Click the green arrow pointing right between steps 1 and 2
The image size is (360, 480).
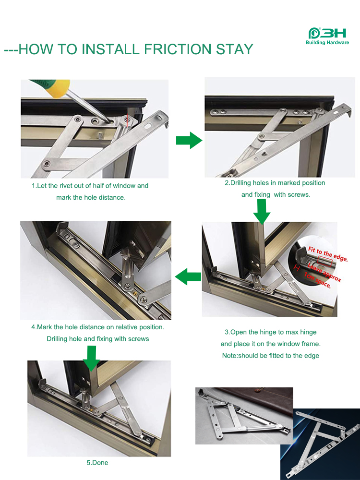pos(189,141)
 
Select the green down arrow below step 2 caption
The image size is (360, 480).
pos(262,212)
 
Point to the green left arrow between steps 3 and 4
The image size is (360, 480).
pos(188,276)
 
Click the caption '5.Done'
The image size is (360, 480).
pos(97,463)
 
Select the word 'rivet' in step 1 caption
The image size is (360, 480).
pos(68,186)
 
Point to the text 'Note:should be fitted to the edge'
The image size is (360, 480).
pos(270,356)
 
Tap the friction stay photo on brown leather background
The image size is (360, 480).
pos(244,415)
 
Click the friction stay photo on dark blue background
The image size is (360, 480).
pos(320,444)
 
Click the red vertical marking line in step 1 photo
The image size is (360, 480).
pos(127,120)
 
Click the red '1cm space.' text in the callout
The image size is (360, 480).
pos(317,281)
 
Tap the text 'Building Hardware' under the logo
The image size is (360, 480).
pos(327,43)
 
